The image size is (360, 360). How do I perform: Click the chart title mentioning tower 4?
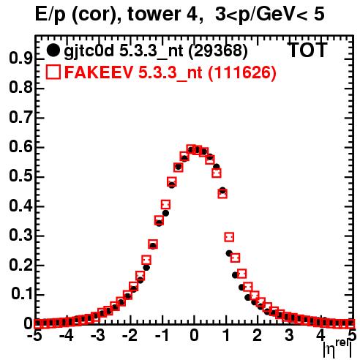point(180,14)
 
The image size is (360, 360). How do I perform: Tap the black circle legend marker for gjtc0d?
point(53,50)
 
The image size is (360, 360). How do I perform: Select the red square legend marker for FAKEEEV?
point(53,72)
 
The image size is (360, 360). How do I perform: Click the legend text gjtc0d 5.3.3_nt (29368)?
point(155,50)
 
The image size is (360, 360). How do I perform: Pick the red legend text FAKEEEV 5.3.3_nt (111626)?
point(170,72)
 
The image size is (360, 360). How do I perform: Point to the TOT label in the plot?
point(307,50)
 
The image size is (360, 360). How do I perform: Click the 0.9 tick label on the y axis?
point(20,59)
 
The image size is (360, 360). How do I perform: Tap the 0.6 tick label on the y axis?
point(20,147)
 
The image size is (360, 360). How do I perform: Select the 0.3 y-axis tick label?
point(20,236)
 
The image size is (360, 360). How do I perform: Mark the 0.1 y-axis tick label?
point(21,294)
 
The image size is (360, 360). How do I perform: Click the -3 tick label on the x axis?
point(98,335)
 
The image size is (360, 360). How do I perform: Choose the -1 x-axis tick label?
point(162,335)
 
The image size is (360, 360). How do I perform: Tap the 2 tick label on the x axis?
point(257,335)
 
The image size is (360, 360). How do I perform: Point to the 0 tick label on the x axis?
point(194,335)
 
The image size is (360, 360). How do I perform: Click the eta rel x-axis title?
point(338,348)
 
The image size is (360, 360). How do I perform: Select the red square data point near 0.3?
point(229,237)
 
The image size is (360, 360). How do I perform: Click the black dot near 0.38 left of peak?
point(165,213)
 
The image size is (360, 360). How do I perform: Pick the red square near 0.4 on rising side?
point(165,205)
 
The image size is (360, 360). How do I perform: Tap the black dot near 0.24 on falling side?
point(229,253)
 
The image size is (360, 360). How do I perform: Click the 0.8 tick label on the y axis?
point(20,88)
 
